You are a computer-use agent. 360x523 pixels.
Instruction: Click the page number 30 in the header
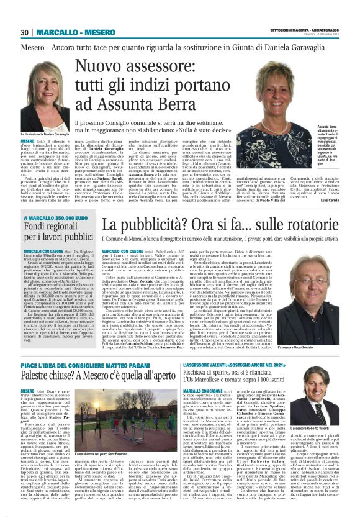coord(25,32)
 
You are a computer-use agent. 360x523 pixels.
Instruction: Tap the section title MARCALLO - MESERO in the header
coord(66,32)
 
